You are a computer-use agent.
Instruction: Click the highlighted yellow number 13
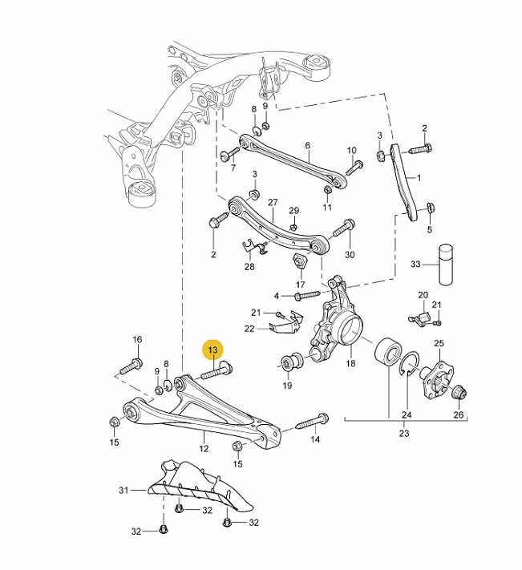coord(212,350)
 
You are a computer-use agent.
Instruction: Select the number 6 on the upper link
coord(307,146)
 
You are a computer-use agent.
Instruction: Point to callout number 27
coord(272,202)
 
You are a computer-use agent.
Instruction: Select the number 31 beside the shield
coord(123,490)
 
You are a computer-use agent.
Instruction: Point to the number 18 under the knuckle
coord(350,364)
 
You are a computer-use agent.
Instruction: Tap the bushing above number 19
coord(292,362)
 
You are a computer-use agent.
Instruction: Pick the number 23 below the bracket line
coord(403,434)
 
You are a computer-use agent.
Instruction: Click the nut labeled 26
coord(459,394)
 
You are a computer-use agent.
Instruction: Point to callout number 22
coord(250,328)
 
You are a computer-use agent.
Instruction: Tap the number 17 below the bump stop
coord(301,285)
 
